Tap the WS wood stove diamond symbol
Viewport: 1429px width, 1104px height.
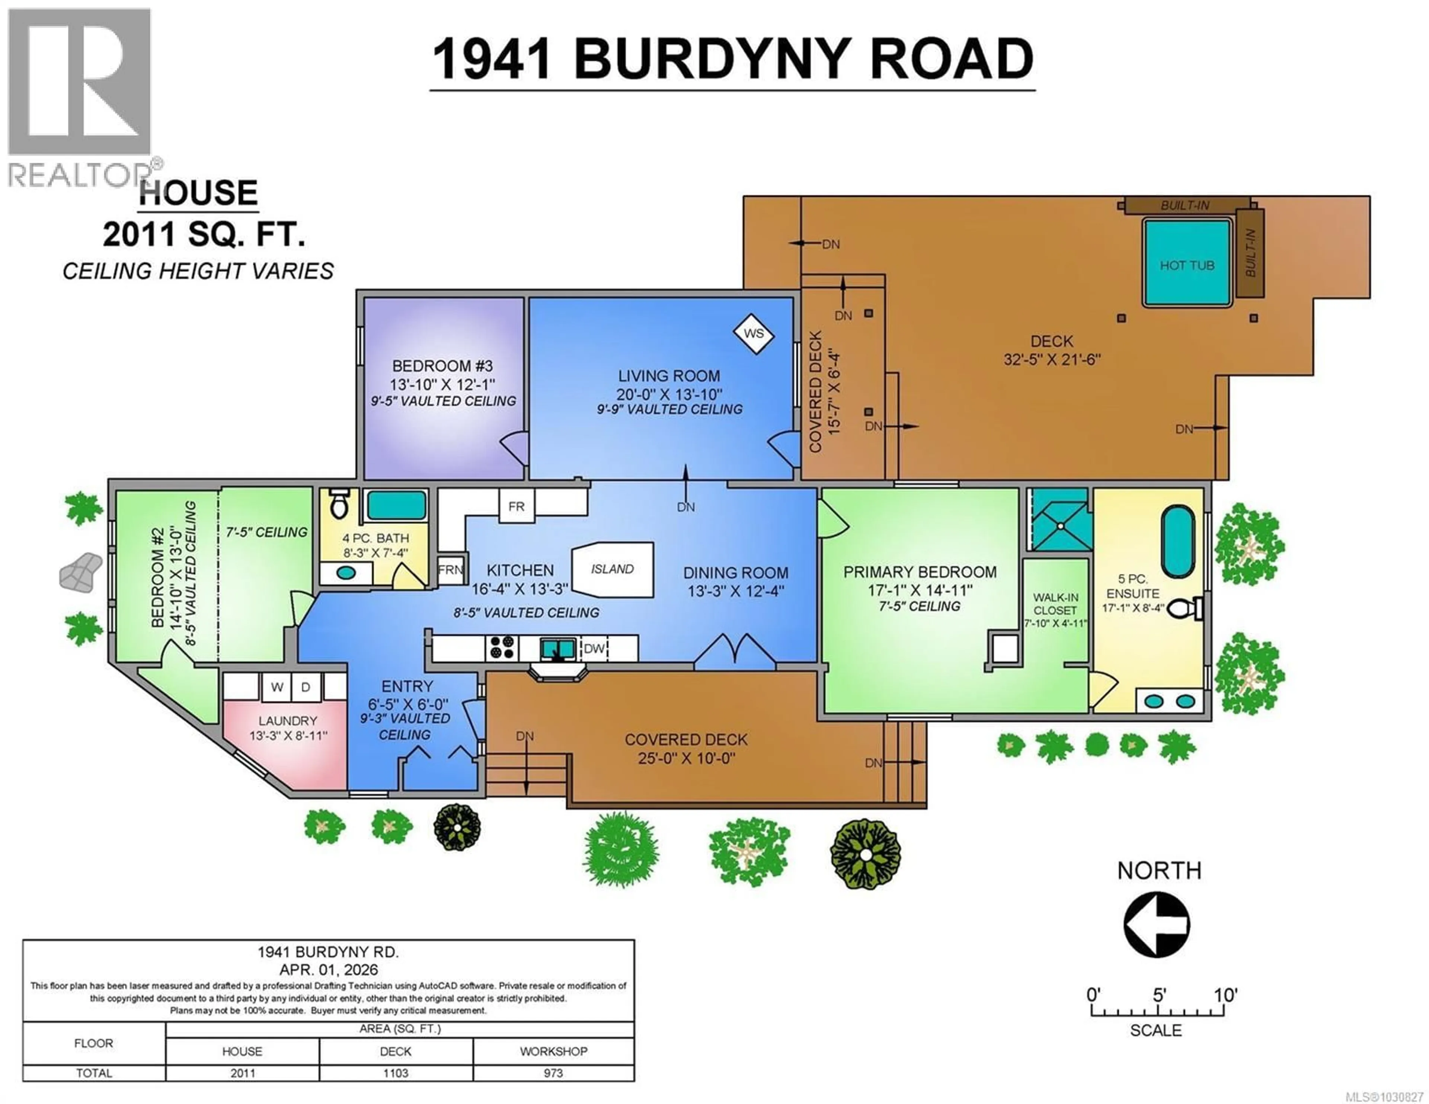click(x=754, y=334)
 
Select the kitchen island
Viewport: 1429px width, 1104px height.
click(x=613, y=569)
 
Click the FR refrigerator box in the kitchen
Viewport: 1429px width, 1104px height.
click(x=516, y=506)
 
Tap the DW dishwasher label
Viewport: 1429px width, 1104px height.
click(x=594, y=649)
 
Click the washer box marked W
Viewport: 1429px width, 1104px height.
click(x=277, y=687)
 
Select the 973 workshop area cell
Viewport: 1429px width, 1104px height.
click(x=553, y=1073)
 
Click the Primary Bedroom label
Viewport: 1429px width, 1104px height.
click(x=919, y=572)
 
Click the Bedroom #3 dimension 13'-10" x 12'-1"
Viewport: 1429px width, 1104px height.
click(x=442, y=384)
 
